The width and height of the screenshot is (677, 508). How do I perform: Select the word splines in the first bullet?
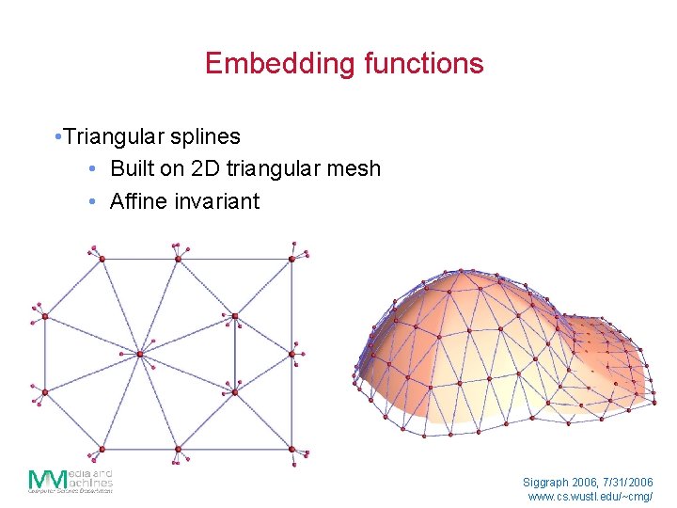[205, 136]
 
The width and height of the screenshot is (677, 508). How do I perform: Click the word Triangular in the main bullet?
[114, 136]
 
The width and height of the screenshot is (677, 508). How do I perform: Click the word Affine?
[139, 201]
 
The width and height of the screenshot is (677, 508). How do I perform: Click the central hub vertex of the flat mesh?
[140, 354]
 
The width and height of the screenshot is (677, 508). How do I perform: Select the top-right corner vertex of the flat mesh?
[292, 258]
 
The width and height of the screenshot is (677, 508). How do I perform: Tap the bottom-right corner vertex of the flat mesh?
[292, 450]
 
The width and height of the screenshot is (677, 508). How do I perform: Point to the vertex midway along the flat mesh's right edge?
[292, 355]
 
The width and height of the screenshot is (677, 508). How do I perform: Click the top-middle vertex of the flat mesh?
[177, 258]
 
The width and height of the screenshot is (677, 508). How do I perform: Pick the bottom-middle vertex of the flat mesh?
[177, 450]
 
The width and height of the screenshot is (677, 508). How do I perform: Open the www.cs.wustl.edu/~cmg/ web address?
[590, 496]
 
